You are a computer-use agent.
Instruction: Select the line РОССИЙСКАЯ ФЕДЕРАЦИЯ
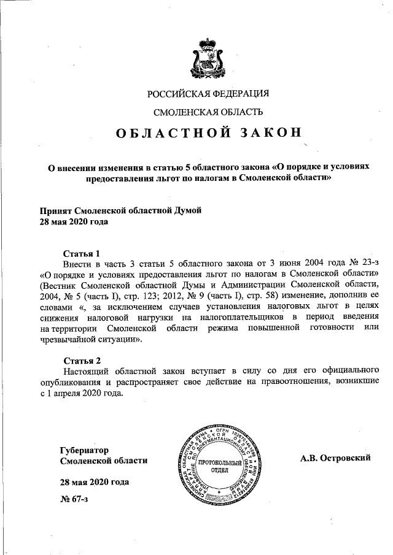(x=208, y=94)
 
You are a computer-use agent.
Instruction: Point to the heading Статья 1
(x=82, y=253)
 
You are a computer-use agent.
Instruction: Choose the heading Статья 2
(x=82, y=359)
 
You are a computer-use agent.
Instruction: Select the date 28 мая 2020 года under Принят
(x=74, y=221)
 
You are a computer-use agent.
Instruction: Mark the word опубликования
(x=71, y=382)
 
